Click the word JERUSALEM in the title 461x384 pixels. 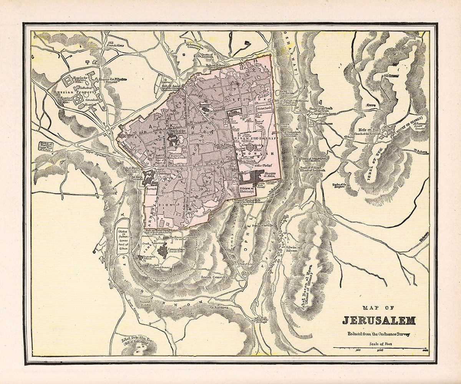[379, 320]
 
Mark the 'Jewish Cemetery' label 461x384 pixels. [214, 277]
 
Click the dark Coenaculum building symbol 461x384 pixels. [162, 252]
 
